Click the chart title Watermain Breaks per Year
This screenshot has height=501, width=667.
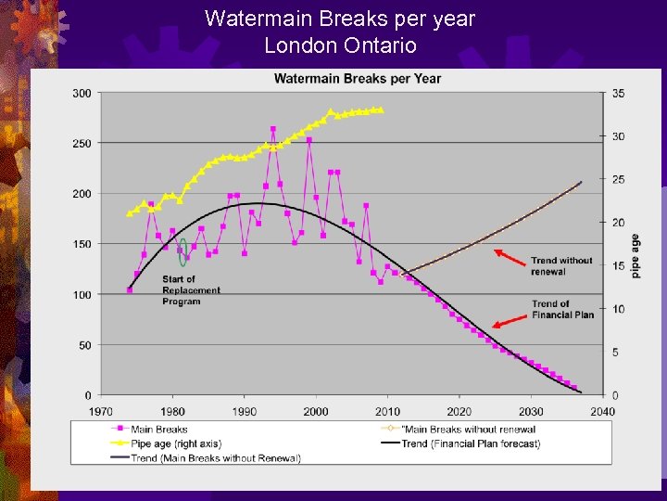[x=358, y=78]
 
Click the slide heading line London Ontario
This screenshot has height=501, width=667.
[x=340, y=45]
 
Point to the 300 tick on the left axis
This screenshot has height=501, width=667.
[x=82, y=93]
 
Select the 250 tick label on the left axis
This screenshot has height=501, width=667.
[x=82, y=144]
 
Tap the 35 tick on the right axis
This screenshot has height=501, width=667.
[x=618, y=93]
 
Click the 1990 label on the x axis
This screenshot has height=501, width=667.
[x=244, y=411]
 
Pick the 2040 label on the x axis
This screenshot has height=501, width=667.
[x=602, y=411]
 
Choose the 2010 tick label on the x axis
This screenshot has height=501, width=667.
[x=387, y=411]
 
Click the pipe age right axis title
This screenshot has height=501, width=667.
[x=636, y=256]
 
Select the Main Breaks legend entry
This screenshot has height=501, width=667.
[x=158, y=429]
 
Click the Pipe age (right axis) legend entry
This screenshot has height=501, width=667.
[x=177, y=443]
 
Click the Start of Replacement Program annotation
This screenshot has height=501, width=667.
[x=191, y=289]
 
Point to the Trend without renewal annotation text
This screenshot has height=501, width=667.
[x=561, y=266]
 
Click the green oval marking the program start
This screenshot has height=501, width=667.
[x=183, y=251]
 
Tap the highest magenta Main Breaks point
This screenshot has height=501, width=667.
[x=273, y=129]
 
